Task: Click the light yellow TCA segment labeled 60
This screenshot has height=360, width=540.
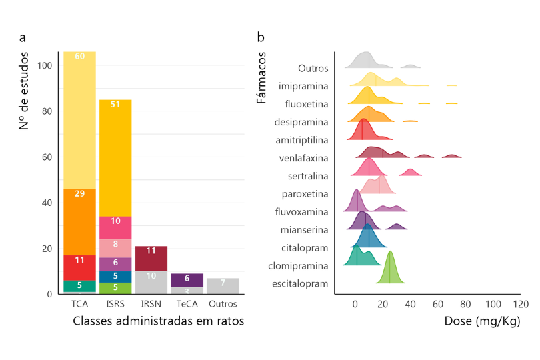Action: point(80,120)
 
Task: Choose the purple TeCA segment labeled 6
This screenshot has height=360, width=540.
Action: point(187,280)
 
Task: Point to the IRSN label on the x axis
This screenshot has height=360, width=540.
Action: point(151,304)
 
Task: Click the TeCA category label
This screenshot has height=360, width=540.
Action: point(187,304)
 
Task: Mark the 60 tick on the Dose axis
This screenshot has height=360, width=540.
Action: point(438,304)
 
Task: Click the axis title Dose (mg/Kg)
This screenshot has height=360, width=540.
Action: point(482,321)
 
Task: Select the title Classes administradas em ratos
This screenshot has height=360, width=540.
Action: point(158,321)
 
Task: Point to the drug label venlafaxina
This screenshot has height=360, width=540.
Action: point(304,158)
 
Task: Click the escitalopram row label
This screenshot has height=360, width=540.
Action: point(301,284)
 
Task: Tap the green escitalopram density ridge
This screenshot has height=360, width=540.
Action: point(391,270)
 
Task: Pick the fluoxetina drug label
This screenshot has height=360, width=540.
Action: point(307,104)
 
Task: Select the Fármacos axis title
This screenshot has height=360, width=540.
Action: point(262,77)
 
